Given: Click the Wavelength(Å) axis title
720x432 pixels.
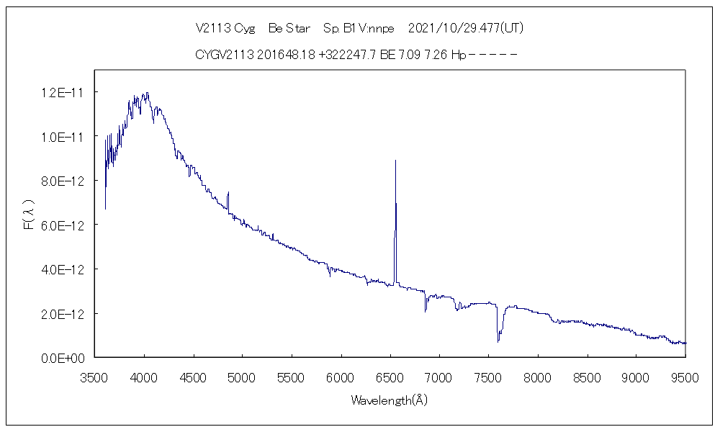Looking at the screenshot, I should coord(389,400).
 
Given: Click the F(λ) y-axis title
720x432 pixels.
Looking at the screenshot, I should coord(30,216).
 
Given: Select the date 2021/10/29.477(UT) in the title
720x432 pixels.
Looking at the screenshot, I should coord(465,29).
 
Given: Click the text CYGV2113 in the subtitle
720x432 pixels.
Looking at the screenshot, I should coord(221,54).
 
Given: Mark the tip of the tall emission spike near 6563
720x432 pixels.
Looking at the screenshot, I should coord(395,161).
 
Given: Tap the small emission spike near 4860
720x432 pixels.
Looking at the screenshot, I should coord(228,193).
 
